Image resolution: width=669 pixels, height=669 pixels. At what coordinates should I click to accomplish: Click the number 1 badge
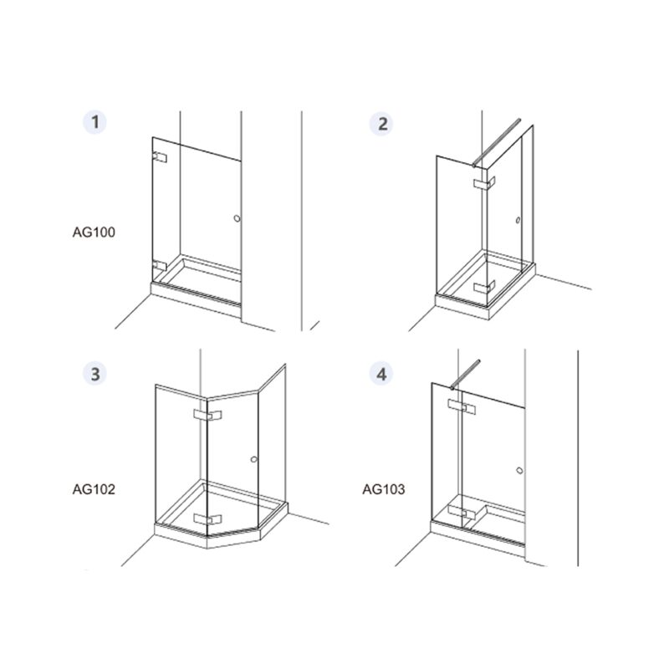pos(94,122)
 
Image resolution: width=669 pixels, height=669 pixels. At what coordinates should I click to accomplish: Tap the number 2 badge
pos(381,124)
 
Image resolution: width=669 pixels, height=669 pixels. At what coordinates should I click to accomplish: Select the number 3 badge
pos(94,374)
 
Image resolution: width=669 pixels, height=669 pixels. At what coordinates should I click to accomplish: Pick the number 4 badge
pos(381,374)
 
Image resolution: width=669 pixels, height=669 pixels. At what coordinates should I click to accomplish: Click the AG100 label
pos(94,232)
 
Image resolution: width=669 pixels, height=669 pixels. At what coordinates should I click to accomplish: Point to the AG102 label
pos(94,489)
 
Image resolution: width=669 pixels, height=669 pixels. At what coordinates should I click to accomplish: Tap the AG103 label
pos(384,489)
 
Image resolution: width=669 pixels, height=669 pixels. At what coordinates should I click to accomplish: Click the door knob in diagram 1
pos(237,218)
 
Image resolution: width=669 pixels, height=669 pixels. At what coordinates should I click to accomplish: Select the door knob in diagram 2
pos(518,220)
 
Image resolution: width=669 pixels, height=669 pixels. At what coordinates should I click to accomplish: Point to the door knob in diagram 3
pos(254,459)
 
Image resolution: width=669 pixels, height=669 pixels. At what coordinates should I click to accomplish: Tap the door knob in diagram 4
pos(519,470)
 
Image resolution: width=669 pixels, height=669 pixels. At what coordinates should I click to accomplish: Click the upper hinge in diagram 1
pos(160,157)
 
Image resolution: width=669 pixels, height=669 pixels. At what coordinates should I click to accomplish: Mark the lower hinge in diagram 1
pos(160,266)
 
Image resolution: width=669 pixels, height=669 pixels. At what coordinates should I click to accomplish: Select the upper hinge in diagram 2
pos(484,183)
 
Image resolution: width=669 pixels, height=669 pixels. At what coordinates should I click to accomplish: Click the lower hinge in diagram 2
pos(484,286)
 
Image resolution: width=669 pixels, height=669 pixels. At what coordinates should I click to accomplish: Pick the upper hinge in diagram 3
pos(207,415)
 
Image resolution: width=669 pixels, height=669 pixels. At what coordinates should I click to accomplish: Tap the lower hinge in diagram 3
pos(207,518)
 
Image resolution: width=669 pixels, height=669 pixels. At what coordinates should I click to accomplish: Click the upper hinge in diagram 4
pos(462,406)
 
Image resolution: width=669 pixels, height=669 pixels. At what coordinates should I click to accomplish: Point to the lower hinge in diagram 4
pos(462,513)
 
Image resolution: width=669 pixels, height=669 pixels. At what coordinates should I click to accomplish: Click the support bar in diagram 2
pos(496,142)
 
